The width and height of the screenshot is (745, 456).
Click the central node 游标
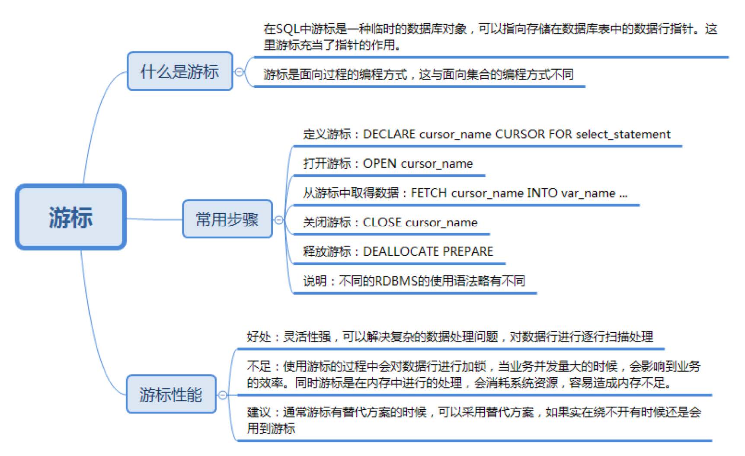coord(70,217)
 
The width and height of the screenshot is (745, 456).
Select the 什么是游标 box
coord(179,71)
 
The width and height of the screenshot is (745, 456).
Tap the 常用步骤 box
coord(227,219)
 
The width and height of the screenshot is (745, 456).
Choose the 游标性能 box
coord(171,394)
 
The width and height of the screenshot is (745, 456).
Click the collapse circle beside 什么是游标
coord(239,72)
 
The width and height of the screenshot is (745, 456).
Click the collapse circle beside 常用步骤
coord(279,220)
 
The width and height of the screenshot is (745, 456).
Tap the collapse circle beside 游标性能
coord(222,395)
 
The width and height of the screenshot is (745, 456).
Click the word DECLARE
coord(389,135)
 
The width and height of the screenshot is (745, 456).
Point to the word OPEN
coord(379,164)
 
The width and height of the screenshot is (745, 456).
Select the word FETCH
coord(428,193)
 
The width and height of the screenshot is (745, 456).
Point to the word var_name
coord(588,193)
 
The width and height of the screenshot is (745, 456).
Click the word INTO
coord(542,193)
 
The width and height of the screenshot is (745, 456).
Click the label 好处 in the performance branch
coord(259,337)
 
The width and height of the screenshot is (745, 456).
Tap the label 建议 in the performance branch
coord(259,412)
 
